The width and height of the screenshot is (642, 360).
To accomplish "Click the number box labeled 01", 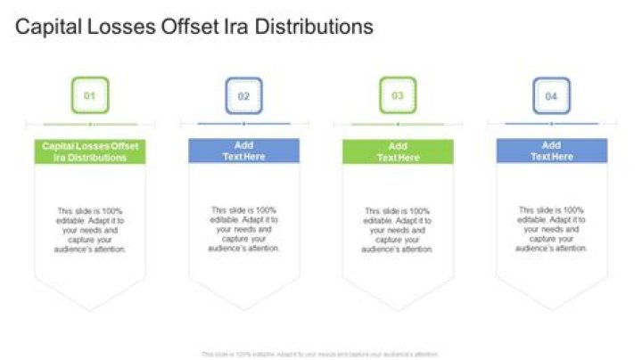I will pos(90,95).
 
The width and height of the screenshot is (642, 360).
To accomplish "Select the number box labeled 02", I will pos(243,95).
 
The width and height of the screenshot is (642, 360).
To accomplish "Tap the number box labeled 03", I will pos(398,95).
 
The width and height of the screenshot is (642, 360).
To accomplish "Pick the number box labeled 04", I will pos(551,95).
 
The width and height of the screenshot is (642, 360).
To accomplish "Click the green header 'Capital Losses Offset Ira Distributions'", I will pos(90,151).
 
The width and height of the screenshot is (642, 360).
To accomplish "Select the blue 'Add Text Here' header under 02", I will pos(243,151).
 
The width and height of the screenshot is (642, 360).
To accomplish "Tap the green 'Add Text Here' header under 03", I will pos(398,151).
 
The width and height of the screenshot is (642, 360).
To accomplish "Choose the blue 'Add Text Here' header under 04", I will pos(551,151).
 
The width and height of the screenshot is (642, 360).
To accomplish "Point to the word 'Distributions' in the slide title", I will pos(315,28).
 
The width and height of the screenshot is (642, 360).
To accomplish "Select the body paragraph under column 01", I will pos(90,230).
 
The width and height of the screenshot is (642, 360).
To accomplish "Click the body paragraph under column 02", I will pos(243,230).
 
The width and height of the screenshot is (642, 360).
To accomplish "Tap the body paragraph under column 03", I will pos(398,230).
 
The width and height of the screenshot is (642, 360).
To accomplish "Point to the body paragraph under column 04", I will pos(551,230).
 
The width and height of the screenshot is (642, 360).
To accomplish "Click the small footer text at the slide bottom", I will pos(320,354).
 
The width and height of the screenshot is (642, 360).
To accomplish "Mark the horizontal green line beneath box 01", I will pos(90,124).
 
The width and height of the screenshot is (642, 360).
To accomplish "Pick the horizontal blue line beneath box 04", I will pos(551,123).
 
